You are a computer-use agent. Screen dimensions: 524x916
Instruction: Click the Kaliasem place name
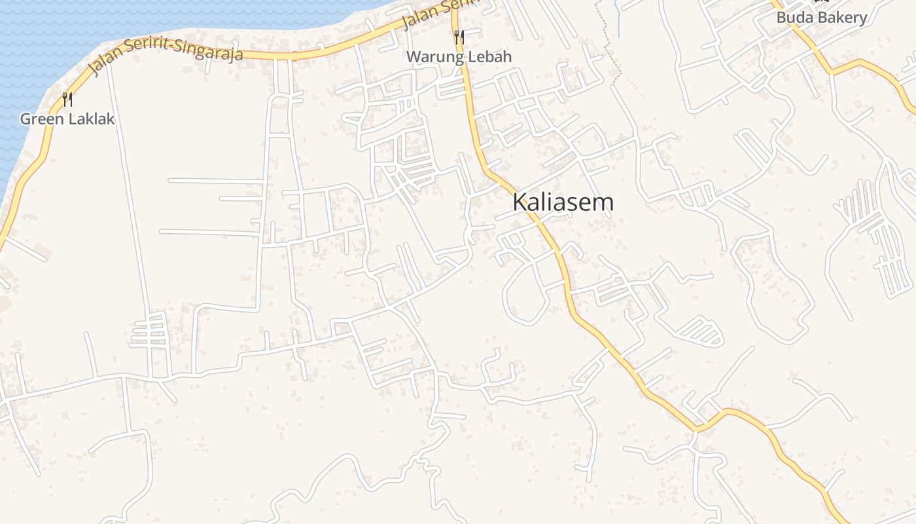563,202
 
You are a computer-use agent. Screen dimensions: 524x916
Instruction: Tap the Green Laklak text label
67,119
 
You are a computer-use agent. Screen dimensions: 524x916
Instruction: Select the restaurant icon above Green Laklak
67,100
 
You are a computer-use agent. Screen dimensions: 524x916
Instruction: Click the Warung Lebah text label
459,57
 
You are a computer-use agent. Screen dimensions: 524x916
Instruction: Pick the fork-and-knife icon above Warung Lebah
459,37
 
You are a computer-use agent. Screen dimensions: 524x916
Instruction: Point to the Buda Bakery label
822,18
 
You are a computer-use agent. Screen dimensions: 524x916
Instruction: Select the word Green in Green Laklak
42,119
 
